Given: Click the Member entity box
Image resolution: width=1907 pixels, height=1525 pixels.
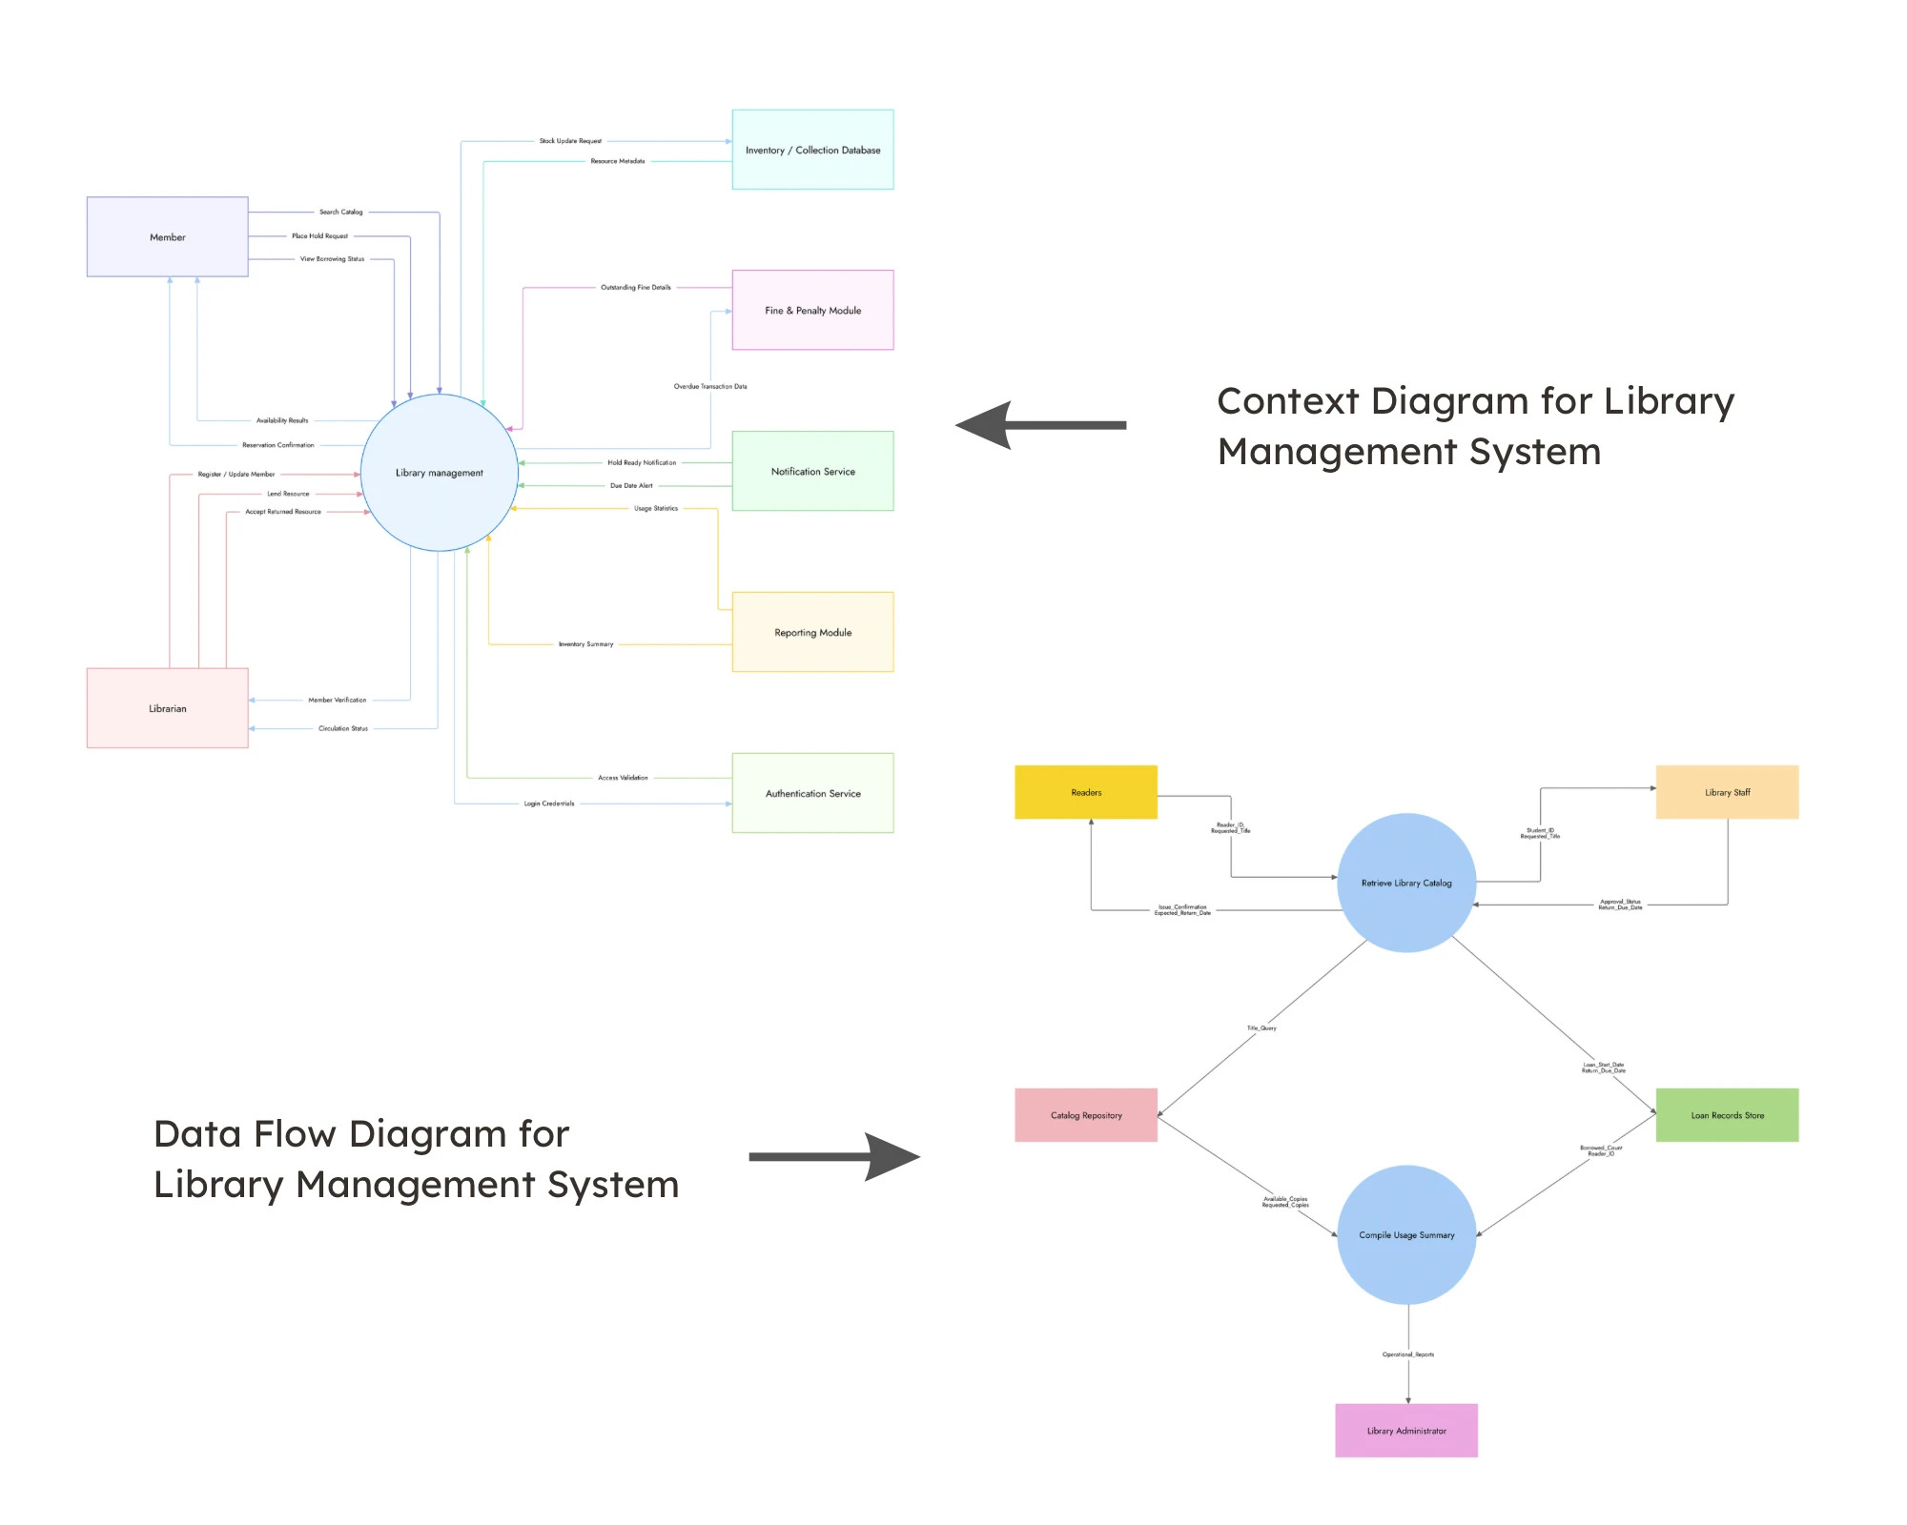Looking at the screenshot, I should (167, 236).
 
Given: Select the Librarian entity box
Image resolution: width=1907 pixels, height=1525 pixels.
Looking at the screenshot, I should (167, 707).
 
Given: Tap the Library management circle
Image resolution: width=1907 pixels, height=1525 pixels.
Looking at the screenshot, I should (439, 473).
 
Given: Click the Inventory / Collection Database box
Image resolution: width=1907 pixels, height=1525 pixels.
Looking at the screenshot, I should (812, 150).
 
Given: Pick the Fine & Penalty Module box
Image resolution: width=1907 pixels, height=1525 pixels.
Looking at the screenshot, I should (812, 310).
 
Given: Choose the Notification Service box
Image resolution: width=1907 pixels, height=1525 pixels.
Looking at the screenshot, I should (812, 471).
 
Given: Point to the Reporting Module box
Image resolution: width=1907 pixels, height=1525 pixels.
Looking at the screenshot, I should (812, 632).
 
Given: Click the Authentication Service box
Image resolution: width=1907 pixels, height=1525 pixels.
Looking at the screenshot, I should (812, 793).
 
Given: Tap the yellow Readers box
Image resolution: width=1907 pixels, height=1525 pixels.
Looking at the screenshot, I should (1085, 792).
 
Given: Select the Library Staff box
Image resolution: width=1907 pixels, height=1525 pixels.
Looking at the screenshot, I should (1727, 792).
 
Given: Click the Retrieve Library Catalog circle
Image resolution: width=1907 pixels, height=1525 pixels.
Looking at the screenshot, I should (1406, 883).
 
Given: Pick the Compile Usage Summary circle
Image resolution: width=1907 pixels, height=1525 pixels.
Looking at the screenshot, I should (1406, 1234).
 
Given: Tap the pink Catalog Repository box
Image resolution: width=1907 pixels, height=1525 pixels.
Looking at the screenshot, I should (1085, 1115).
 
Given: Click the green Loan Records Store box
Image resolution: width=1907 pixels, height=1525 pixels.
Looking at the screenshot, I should (1727, 1115).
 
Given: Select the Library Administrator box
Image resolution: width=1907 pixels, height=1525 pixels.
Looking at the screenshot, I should (1406, 1431).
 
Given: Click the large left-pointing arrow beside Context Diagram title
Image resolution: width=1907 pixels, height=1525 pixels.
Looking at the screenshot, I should (1039, 425).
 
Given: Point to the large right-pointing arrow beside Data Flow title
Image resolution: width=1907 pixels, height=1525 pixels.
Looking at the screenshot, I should (834, 1157).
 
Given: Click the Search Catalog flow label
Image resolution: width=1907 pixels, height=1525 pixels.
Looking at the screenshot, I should (340, 212).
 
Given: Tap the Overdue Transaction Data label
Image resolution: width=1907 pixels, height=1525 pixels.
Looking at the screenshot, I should (710, 386).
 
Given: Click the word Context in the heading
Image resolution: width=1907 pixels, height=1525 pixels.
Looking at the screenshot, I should (1287, 401).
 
